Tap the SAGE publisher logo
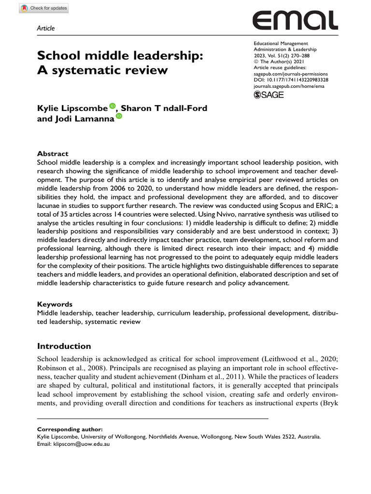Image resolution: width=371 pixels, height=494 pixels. tap(269, 95)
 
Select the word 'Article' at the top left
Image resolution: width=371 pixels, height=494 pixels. tap(46, 28)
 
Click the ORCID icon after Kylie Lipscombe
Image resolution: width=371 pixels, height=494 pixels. tap(113, 106)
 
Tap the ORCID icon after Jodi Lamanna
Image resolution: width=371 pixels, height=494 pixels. tap(119, 117)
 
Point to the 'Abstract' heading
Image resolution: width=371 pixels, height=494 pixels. tap(53, 140)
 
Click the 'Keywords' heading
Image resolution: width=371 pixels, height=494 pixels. tap(55, 304)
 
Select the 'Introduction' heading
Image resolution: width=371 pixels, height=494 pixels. tap(64, 346)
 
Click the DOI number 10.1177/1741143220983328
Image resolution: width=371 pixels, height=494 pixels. tap(291, 80)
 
